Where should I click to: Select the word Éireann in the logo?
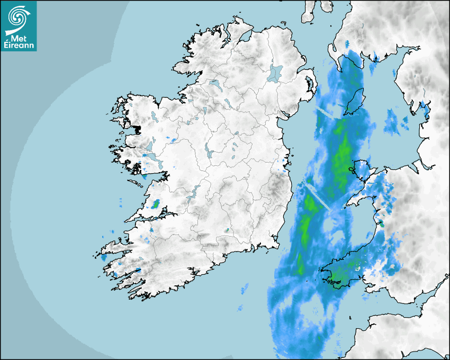coord(19,46)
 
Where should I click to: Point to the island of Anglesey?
coord(360,169)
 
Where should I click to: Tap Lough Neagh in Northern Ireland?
coord(276,73)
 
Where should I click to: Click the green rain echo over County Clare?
coord(156,203)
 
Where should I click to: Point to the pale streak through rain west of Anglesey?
coord(318,196)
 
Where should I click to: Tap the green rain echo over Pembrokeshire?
coord(339,280)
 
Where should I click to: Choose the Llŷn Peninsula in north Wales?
coord(354,200)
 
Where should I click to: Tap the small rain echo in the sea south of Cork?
coord(244,289)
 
